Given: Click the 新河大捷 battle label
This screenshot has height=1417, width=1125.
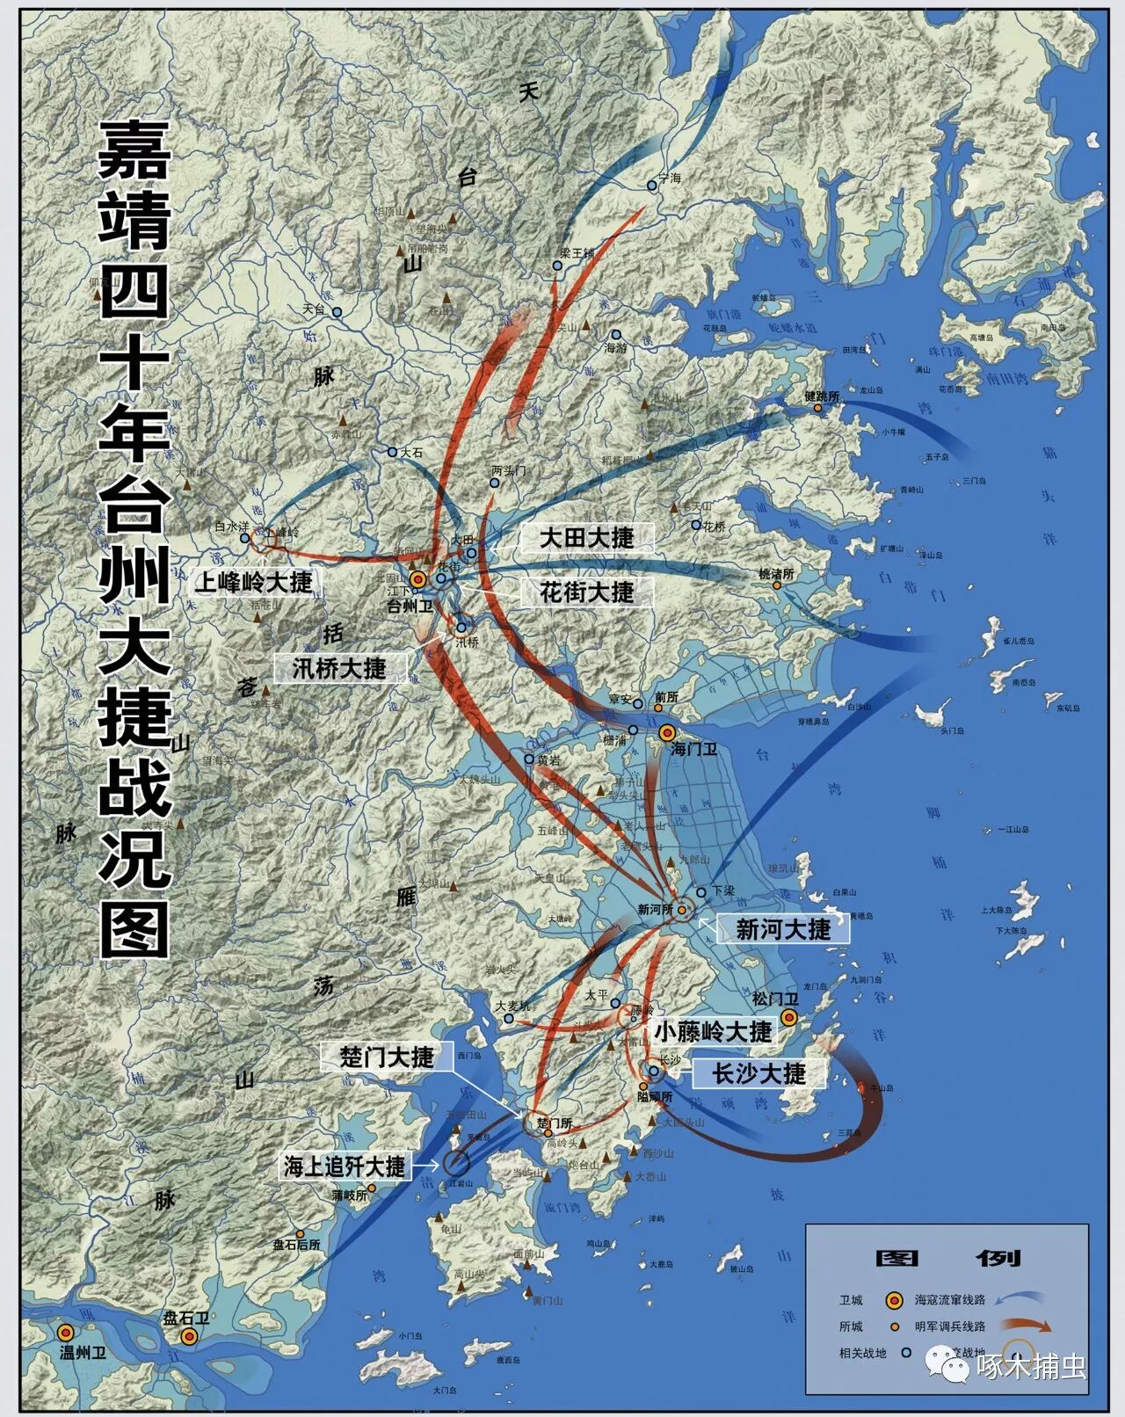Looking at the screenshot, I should [783, 929].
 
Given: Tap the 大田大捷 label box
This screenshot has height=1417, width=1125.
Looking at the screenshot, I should [586, 538].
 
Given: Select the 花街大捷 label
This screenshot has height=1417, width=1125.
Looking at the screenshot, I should [587, 592].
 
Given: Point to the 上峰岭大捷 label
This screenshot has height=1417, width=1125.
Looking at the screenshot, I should [253, 582].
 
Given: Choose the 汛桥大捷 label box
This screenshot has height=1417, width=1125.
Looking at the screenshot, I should [339, 668].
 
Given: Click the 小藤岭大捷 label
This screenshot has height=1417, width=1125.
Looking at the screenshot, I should [713, 1031].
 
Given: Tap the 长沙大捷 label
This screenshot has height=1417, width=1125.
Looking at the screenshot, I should [758, 1073].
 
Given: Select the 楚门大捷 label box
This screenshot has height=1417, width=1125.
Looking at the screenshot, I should [388, 1056].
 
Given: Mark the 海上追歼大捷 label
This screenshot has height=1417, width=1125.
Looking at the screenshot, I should [345, 1166].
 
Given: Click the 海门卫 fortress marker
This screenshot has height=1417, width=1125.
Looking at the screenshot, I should [668, 732].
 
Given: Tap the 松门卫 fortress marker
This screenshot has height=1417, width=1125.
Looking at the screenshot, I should [789, 1018].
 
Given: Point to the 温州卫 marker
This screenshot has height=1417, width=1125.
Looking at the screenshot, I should [65, 1333].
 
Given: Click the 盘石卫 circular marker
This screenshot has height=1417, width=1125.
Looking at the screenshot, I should [188, 1336].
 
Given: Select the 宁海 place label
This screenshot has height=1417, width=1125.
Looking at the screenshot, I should [670, 178].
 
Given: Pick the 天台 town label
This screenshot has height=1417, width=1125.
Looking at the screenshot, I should [314, 309].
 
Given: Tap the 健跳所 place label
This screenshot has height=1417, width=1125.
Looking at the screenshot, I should [822, 396].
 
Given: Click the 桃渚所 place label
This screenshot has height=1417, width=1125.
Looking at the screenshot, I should [777, 574].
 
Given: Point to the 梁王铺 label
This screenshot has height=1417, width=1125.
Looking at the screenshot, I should [577, 253].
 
